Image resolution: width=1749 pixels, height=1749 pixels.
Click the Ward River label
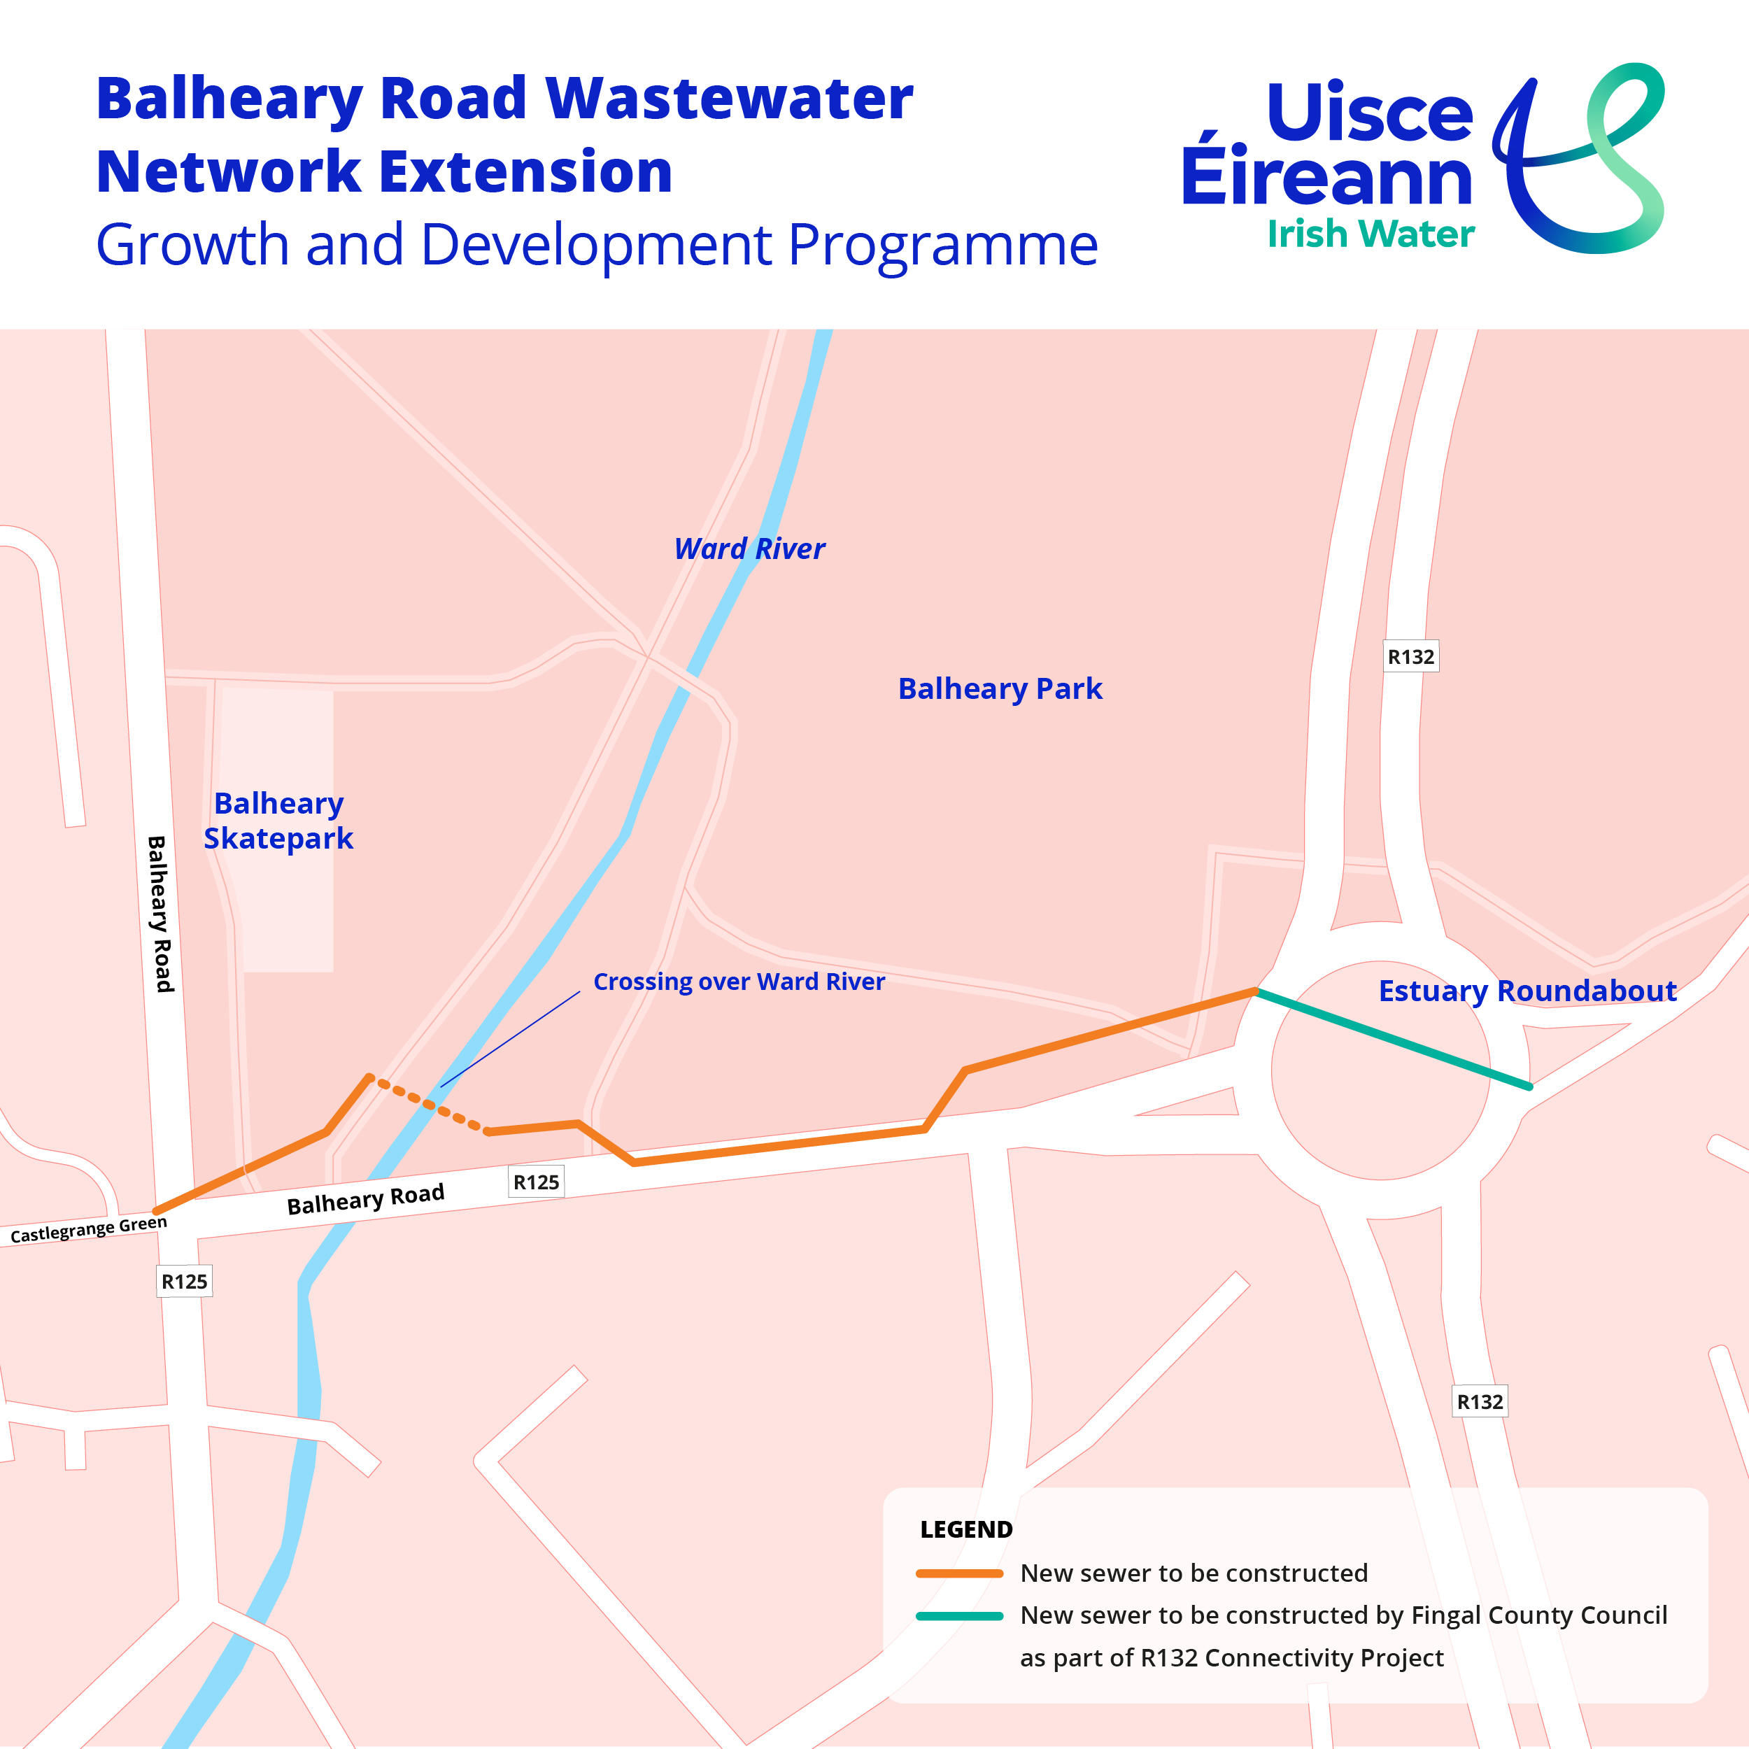coord(749,548)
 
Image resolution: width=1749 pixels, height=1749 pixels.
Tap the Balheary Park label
coord(1000,689)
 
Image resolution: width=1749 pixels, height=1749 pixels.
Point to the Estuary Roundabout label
coord(1527,991)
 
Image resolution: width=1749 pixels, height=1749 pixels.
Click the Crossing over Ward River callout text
coord(739,982)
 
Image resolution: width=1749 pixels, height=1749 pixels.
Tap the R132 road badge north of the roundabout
coord(1410,656)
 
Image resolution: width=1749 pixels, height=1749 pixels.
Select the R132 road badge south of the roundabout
coord(1479,1401)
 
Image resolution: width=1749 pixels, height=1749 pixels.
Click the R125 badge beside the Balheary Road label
coord(536,1182)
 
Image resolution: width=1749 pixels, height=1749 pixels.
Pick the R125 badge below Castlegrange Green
coord(184,1281)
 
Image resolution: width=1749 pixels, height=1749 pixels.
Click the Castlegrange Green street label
coord(89,1228)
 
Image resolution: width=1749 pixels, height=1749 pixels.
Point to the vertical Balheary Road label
coord(160,914)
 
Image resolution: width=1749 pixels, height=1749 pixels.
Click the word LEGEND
coord(966,1530)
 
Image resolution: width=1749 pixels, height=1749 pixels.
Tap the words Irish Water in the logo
coord(1370,234)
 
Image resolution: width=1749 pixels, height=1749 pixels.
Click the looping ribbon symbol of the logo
coord(1580,158)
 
